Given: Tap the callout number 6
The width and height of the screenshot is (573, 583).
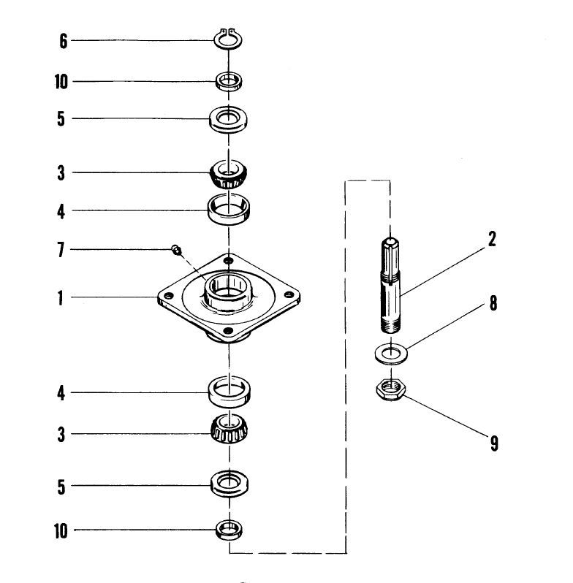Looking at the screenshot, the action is click(x=64, y=41).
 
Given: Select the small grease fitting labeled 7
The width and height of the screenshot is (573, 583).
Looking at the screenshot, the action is click(x=177, y=250).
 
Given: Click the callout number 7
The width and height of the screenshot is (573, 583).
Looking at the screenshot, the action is click(x=61, y=250).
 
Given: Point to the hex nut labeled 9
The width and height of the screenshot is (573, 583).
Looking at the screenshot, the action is click(x=391, y=389).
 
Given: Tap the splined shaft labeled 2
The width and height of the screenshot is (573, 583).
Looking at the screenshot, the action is click(x=390, y=285).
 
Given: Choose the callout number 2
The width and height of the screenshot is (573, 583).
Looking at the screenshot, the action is click(x=492, y=239).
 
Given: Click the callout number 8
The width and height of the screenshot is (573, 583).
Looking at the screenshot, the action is click(x=493, y=303).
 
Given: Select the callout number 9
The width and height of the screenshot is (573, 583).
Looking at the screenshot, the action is click(x=494, y=443).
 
